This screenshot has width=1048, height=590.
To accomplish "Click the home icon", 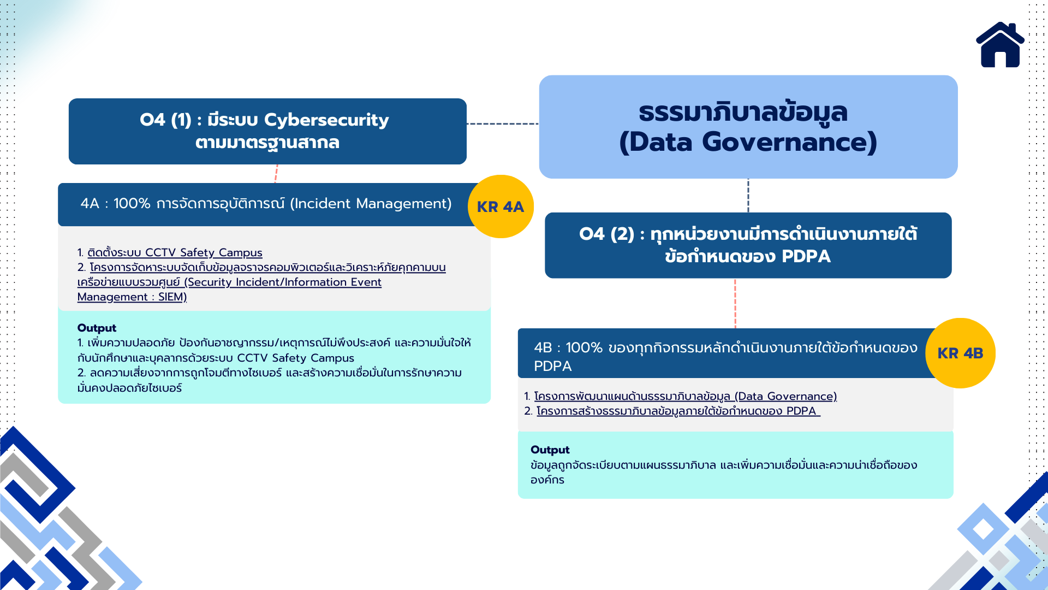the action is [x=1000, y=45].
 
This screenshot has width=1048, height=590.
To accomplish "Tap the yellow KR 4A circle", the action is [x=501, y=206].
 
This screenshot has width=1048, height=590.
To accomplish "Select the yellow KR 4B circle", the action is [x=960, y=353].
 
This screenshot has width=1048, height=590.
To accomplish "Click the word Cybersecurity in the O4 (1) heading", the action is [x=326, y=120].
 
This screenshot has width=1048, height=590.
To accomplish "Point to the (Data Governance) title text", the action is [x=748, y=142].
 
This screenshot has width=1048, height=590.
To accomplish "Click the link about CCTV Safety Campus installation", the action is [x=175, y=252].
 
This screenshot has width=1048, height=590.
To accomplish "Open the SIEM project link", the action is [x=261, y=282].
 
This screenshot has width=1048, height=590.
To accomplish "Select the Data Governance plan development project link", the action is [x=686, y=396].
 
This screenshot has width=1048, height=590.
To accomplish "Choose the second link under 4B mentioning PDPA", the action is [x=678, y=411].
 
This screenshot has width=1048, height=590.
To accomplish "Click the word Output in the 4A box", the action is [x=97, y=328].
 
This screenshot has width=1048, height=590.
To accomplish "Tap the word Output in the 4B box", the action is [x=550, y=450].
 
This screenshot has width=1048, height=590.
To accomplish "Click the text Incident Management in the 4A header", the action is [x=371, y=203].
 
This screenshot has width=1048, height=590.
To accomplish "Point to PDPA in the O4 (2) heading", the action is [x=806, y=256].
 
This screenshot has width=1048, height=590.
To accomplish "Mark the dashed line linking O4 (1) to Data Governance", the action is [x=503, y=124].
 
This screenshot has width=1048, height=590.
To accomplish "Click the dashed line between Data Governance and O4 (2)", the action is [x=748, y=196].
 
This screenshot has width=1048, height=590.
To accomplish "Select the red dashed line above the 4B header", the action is [x=735, y=303].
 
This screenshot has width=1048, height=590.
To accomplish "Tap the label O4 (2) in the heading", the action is [x=606, y=234].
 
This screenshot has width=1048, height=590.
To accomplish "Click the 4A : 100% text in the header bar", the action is [x=115, y=203].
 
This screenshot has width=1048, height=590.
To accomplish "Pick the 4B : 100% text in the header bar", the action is [x=568, y=347].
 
